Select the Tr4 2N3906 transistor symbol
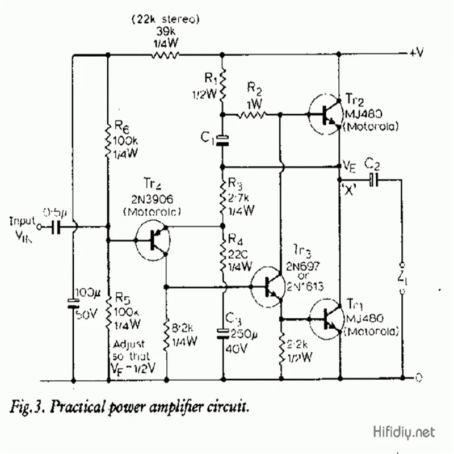[153, 241]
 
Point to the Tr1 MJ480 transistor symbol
[327, 319]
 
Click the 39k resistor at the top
[165, 55]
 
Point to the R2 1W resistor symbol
[251, 115]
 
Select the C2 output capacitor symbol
[373, 180]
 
